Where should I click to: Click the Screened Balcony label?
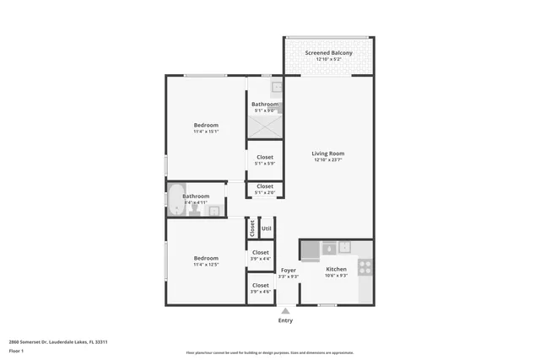coord(328,53)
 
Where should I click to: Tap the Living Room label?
coord(328,153)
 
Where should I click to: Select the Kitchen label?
coord(336,267)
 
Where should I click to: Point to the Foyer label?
coord(288,270)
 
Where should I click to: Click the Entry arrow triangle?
coord(285,310)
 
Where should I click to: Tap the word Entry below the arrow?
coord(285,320)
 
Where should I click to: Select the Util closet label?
coord(266,228)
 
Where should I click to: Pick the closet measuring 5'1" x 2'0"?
coord(264,189)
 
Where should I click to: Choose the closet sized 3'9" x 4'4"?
coord(260,255)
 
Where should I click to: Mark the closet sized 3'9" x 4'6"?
coord(260,287)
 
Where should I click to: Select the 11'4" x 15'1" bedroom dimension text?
coord(206,131)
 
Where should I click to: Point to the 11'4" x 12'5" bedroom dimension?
coord(206,265)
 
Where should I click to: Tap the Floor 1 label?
coord(17,349)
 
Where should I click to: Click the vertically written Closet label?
coord(251,228)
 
